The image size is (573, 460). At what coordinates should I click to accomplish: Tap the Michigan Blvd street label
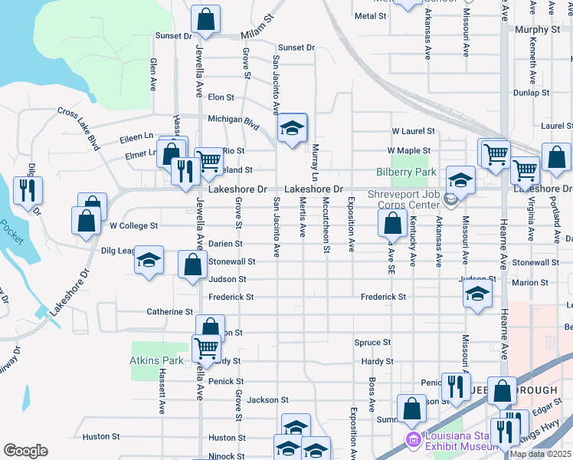(234, 120)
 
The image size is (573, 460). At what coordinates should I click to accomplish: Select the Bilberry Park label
(405, 172)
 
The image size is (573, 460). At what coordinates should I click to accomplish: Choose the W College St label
(133, 226)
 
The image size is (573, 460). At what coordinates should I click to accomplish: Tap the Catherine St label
(170, 312)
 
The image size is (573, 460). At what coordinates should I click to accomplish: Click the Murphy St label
(539, 29)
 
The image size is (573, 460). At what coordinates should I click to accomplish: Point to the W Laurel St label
(414, 131)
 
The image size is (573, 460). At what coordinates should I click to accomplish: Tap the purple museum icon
(413, 440)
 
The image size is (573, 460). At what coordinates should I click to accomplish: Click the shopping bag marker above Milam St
(205, 20)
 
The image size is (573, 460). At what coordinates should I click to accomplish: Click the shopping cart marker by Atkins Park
(207, 348)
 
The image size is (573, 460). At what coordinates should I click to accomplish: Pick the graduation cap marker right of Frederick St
(477, 293)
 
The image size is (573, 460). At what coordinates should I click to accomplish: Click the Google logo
(25, 451)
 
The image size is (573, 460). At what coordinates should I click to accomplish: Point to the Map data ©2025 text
(540, 454)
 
